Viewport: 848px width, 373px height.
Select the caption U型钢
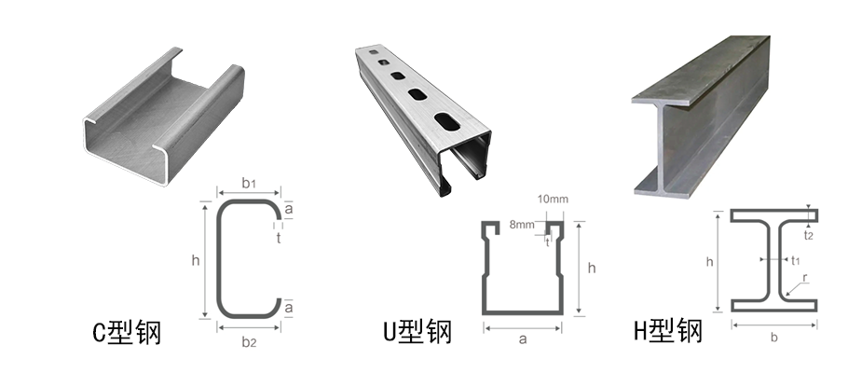point(417,332)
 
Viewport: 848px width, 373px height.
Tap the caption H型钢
point(667,332)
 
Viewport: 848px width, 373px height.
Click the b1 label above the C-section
point(249,184)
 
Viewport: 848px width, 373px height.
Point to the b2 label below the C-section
point(249,342)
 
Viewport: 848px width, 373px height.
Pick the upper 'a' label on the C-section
point(289,211)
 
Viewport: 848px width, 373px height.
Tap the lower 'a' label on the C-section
point(289,307)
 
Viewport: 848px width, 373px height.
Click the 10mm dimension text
point(553,200)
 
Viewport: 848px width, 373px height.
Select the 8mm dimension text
point(522,225)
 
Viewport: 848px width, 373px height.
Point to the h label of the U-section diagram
point(591,269)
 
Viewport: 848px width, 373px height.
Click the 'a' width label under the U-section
point(522,339)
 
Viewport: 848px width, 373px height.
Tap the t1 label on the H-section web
point(795,261)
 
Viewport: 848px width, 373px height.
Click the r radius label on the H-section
point(804,278)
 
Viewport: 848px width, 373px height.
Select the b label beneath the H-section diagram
point(773,338)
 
